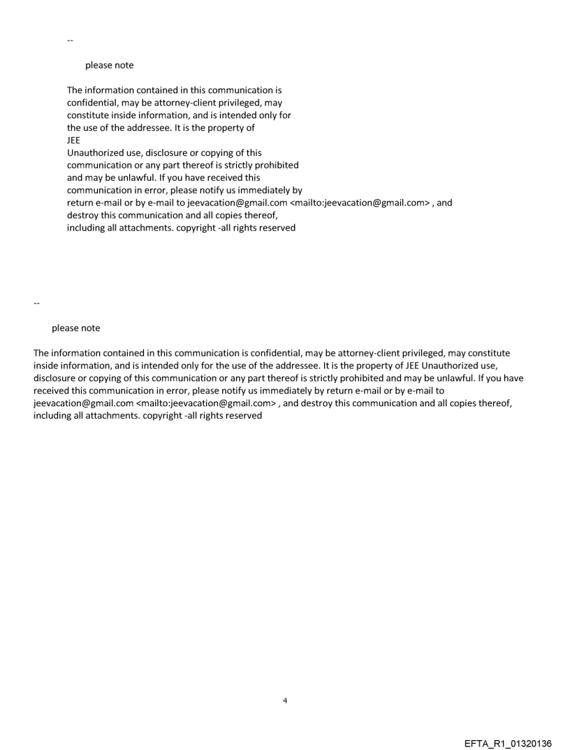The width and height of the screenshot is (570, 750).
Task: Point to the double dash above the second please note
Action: point(36,303)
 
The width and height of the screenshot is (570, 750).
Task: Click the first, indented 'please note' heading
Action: point(109,66)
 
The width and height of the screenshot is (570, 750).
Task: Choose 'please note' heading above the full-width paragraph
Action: point(75,329)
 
